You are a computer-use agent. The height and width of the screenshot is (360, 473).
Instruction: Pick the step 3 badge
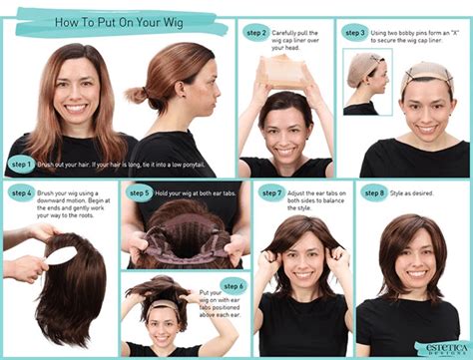[355, 32]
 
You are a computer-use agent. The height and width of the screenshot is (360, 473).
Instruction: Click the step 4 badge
[21, 191]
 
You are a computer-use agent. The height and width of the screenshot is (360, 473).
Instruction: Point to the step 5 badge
[139, 192]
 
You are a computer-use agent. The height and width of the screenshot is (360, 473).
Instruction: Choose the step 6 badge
[233, 286]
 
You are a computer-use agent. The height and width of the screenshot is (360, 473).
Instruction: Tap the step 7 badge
[270, 191]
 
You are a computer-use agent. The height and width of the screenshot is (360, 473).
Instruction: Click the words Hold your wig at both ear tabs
[195, 192]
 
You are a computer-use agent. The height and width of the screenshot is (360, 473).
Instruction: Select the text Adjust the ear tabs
[317, 191]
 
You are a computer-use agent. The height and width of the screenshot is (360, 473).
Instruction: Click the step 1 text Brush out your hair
[65, 163]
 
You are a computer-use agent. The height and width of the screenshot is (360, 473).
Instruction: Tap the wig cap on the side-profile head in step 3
[361, 70]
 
